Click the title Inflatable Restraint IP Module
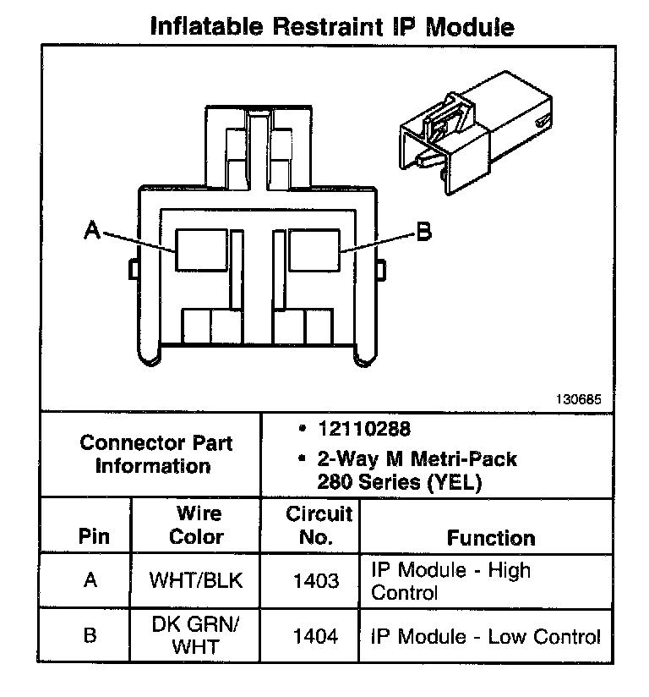pos(331,26)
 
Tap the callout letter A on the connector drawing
pos(93,229)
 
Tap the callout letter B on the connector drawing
pos(424,230)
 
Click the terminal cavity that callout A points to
pos(200,250)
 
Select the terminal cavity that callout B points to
pos(314,250)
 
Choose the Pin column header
pos(93,536)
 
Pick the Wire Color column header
pos(197,524)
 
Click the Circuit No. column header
pos(318,524)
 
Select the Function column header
pos(491,537)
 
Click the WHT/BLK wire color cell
pos(196,581)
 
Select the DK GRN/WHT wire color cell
pos(196,636)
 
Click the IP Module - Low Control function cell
pos(486,636)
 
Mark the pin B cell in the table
pos(90,636)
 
